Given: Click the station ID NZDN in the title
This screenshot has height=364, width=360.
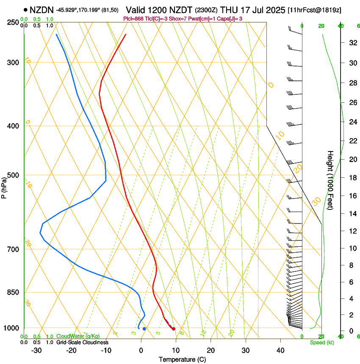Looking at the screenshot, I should coord(42,10).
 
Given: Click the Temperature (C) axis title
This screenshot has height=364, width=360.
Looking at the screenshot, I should coord(182,360).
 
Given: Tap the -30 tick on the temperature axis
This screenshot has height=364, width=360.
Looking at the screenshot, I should coord(36,350).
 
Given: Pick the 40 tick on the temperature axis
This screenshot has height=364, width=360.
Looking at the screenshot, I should coord(280,350).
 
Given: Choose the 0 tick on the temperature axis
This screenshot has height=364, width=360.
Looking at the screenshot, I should coord(141,350).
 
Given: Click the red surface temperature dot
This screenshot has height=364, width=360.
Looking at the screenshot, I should coord(174,329).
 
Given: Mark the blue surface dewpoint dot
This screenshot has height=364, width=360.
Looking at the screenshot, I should coord(144,329).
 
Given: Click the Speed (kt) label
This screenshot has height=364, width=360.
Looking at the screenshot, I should coord(321,342).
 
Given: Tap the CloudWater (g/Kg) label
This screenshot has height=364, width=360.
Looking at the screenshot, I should coord(72,336).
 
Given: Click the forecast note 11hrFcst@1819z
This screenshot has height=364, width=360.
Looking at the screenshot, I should coord(315,10).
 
